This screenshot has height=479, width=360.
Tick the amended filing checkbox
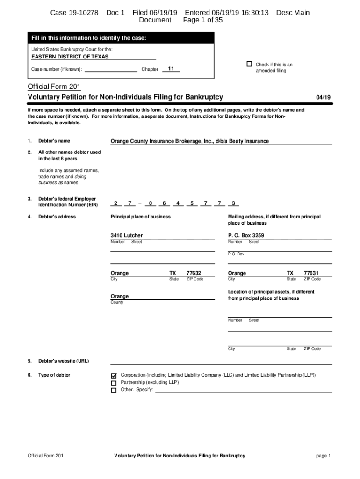[249, 64]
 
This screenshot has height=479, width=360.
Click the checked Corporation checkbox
[114, 376]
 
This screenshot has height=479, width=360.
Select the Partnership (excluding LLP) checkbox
[114, 383]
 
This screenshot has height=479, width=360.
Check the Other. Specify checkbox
[114, 390]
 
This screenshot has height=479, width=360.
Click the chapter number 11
[171, 69]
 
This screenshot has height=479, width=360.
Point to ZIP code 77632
[194, 273]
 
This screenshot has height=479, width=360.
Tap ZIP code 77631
[311, 273]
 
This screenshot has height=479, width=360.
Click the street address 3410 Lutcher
[127, 235]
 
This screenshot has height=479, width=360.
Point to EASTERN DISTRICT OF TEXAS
[70, 57]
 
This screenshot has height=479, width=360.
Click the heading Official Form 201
[54, 87]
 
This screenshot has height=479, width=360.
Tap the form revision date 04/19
[323, 97]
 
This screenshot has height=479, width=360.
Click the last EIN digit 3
[233, 203]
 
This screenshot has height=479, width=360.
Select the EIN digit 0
[151, 203]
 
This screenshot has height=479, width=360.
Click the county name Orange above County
[119, 296]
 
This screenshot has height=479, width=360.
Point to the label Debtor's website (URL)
[64, 361]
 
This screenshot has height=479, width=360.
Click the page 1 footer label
[323, 456]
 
